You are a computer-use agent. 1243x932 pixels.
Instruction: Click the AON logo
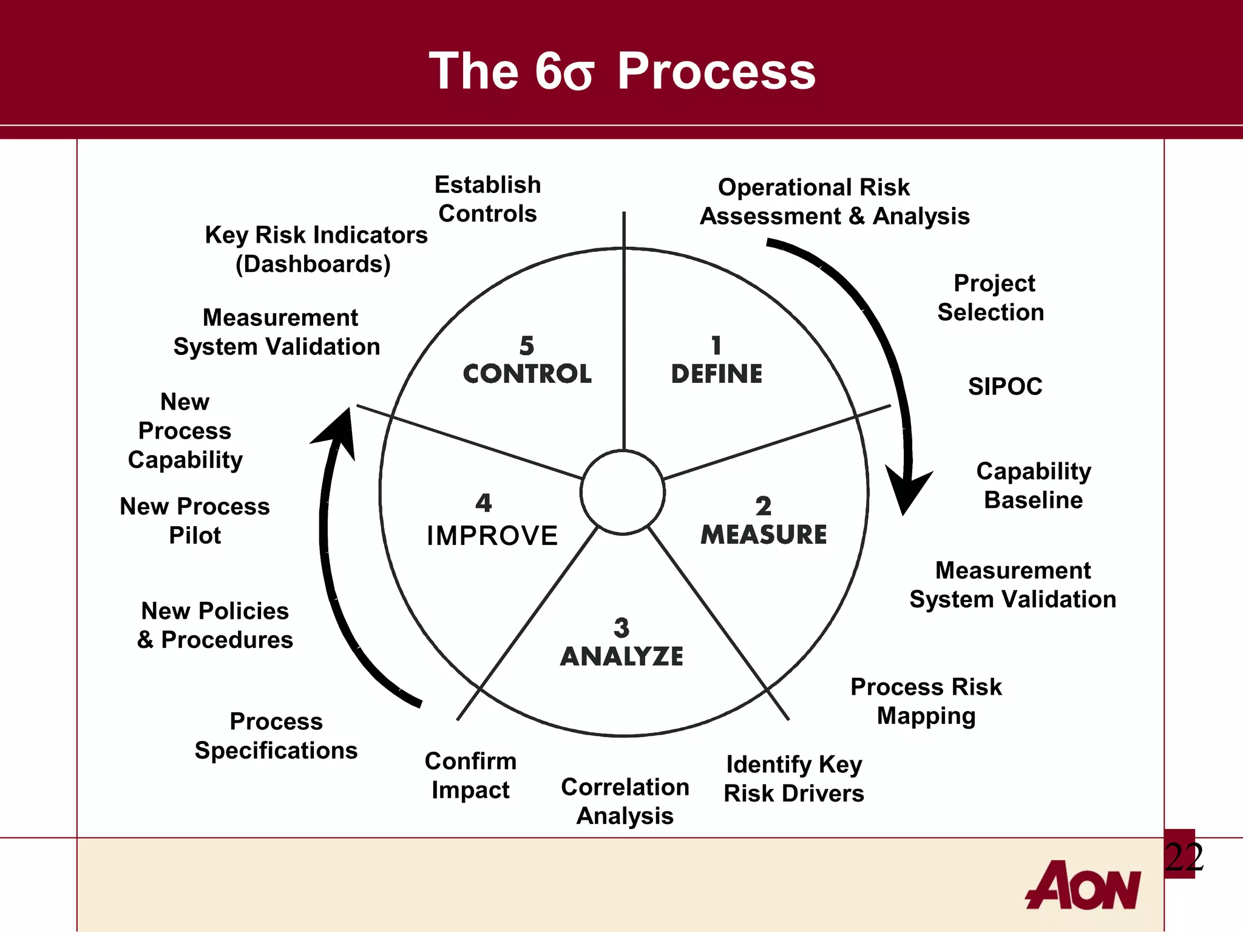point(1083,885)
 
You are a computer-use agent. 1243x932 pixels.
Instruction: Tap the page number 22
point(1184,857)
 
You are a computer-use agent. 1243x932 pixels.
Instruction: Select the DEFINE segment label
point(716,374)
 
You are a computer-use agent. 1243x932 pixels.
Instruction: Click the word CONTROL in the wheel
point(527,374)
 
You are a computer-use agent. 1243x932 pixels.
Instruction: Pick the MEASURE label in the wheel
point(764,535)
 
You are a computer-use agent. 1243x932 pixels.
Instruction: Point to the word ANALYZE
point(621,657)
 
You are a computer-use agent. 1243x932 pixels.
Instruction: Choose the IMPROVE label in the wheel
point(492,536)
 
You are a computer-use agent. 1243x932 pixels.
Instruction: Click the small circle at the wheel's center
point(623,492)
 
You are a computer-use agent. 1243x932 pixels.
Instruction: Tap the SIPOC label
point(1005,387)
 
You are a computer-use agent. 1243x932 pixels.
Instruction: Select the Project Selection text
point(991,298)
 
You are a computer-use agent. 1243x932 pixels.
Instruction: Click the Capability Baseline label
point(1034,485)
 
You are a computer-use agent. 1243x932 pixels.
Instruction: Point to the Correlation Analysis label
point(625,801)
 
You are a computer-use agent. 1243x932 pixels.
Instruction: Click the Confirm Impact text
point(470,775)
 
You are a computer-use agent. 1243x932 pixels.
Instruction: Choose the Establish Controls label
point(487,199)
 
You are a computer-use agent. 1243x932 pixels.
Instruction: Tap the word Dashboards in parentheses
point(313,264)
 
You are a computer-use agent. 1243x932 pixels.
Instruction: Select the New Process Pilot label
point(195,521)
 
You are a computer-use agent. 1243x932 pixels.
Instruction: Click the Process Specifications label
point(276,736)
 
